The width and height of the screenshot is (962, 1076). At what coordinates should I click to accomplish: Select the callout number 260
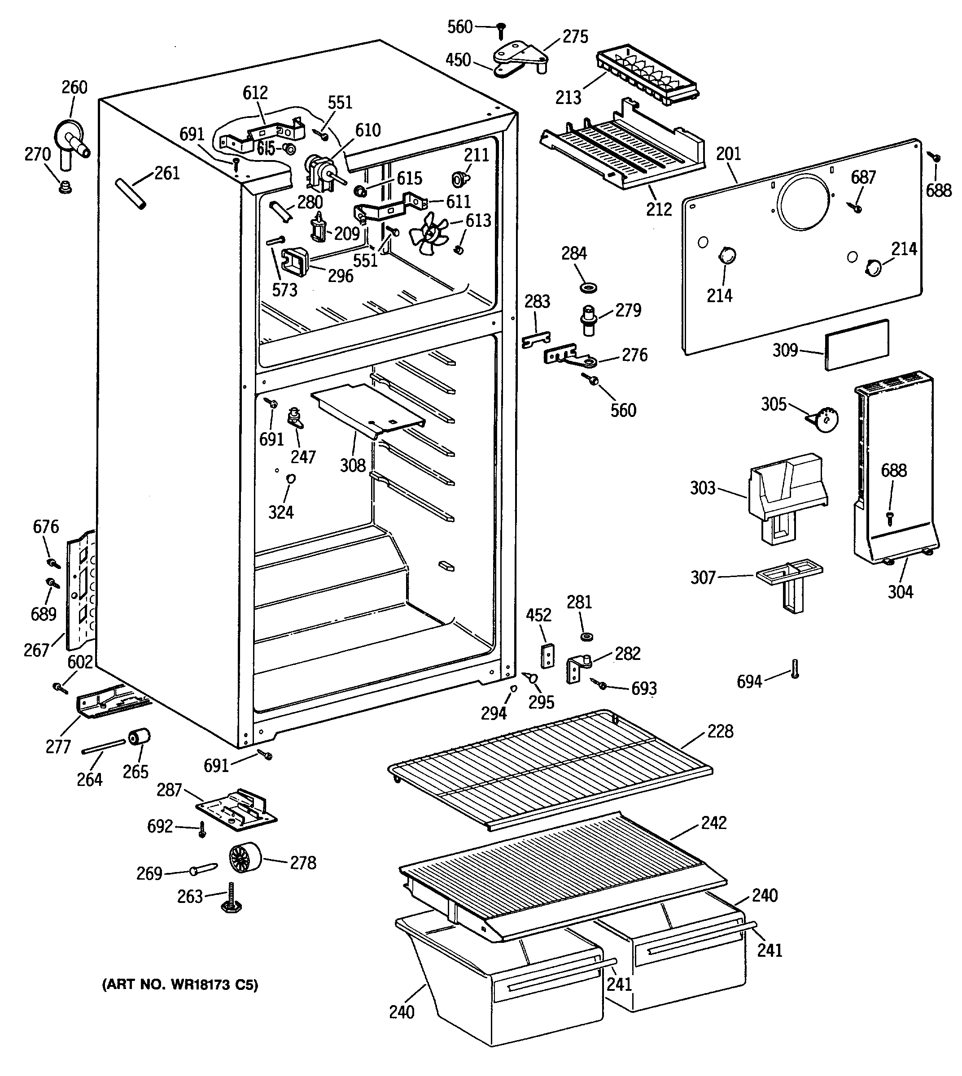74,87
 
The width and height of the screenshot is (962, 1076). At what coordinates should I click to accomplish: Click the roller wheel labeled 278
246,863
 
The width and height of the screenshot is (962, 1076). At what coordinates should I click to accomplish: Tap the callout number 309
785,350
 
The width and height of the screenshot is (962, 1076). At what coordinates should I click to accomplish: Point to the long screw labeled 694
795,669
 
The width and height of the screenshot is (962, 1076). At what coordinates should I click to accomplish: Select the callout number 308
353,465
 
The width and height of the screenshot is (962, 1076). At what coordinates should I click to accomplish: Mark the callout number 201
728,154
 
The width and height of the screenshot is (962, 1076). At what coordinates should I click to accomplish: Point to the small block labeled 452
547,655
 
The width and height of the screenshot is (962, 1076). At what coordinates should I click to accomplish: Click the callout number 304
900,592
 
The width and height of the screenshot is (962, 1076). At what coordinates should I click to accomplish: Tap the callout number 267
36,650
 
